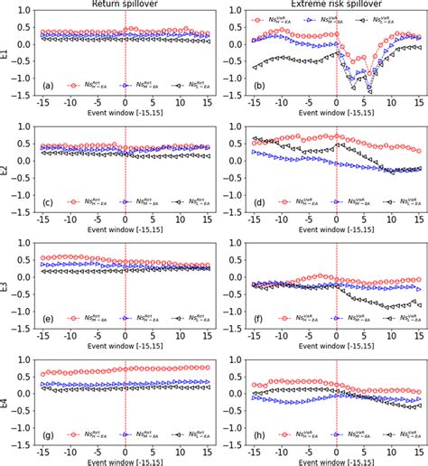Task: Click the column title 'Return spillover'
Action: point(125,5)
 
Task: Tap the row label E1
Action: point(7,53)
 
